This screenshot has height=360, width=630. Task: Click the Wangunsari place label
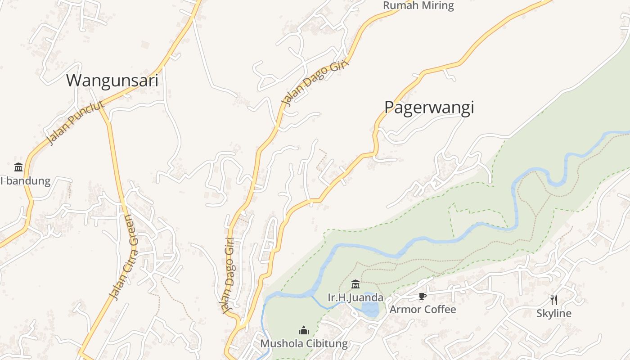pos(112,81)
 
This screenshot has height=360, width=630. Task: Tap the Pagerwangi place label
pos(429,108)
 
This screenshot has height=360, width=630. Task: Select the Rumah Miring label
pos(418,6)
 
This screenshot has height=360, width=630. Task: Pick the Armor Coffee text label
pos(423,310)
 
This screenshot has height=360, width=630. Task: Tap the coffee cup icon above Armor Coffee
pos(422,296)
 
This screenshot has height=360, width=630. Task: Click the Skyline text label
pos(553,314)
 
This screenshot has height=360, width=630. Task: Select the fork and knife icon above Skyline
pos(554,300)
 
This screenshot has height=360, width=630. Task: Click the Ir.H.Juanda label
pos(355,298)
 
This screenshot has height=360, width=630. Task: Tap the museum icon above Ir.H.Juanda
pos(355,284)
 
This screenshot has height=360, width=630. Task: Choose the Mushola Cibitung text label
pos(304,344)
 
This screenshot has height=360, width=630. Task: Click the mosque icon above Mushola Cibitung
pos(304,331)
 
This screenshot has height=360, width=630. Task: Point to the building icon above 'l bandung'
pos(18,167)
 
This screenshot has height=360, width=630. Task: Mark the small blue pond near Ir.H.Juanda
pos(371,309)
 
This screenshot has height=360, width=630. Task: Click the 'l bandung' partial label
pos(25,181)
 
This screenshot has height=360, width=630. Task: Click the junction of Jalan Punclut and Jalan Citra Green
pos(100,105)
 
